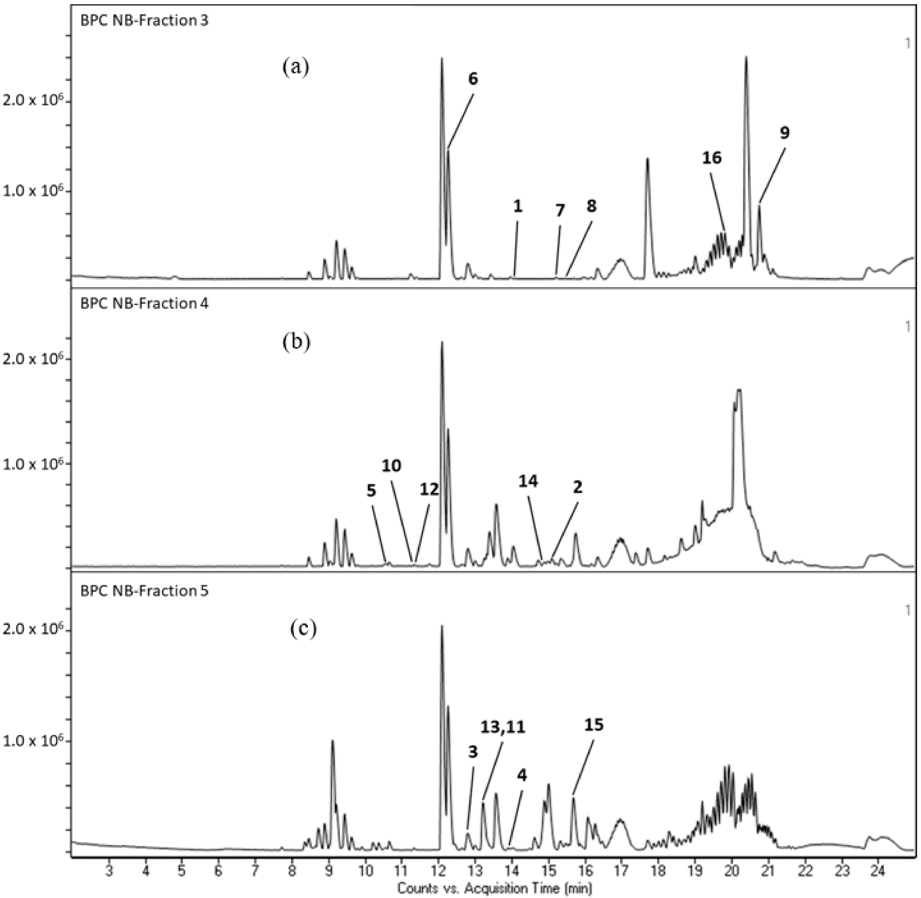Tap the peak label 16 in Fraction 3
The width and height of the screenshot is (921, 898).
pos(712,158)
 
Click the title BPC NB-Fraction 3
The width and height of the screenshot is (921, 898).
pos(144,21)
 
